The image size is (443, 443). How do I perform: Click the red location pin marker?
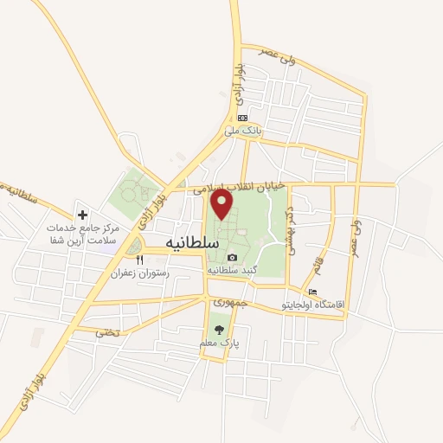pyautogui.click(x=222, y=204)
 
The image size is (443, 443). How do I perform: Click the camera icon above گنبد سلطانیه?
pyautogui.click(x=231, y=257)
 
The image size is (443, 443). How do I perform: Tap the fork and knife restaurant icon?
pyautogui.click(x=139, y=259)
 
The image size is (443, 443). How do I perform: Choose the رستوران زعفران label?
pyautogui.click(x=139, y=273)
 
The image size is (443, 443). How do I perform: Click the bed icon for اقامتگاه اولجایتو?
pyautogui.click(x=312, y=292)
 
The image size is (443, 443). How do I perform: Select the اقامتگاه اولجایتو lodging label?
pyautogui.click(x=313, y=305)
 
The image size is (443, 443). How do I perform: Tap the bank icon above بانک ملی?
pyautogui.click(x=242, y=118)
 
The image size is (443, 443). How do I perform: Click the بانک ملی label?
pyautogui.click(x=242, y=131)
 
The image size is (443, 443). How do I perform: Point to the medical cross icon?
pyautogui.click(x=82, y=214)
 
